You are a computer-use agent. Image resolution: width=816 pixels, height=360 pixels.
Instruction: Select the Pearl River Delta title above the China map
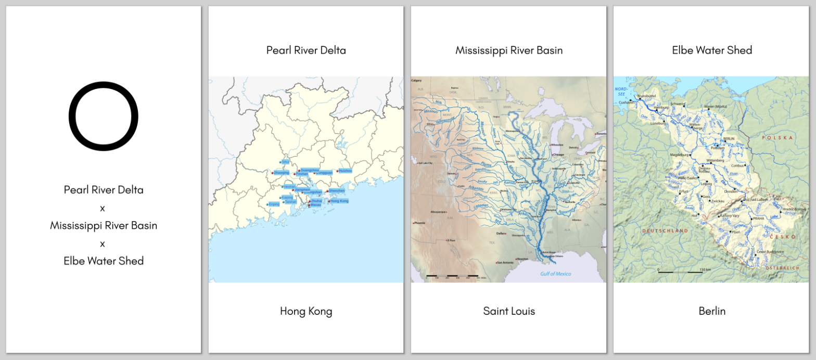306,50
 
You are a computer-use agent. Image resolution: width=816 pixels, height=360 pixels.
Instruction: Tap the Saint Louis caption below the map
508,311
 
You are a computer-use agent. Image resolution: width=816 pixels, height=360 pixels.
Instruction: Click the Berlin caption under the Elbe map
711,311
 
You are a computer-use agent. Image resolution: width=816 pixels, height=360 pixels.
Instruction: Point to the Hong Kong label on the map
339,201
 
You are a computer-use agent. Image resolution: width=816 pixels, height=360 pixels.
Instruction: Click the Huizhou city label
345,171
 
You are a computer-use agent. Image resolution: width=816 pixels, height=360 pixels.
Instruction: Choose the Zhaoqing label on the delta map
281,172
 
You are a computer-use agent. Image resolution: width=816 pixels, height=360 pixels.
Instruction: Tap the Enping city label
274,204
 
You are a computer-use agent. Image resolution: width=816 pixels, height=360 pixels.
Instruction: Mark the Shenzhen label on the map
337,191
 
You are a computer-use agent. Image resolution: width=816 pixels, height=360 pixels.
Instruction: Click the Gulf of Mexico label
555,274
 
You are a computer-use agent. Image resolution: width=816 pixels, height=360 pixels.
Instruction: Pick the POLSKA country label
776,138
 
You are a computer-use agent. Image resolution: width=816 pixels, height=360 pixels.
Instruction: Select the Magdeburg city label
679,155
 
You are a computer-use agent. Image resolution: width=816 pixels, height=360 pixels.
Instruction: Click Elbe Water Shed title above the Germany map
711,50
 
